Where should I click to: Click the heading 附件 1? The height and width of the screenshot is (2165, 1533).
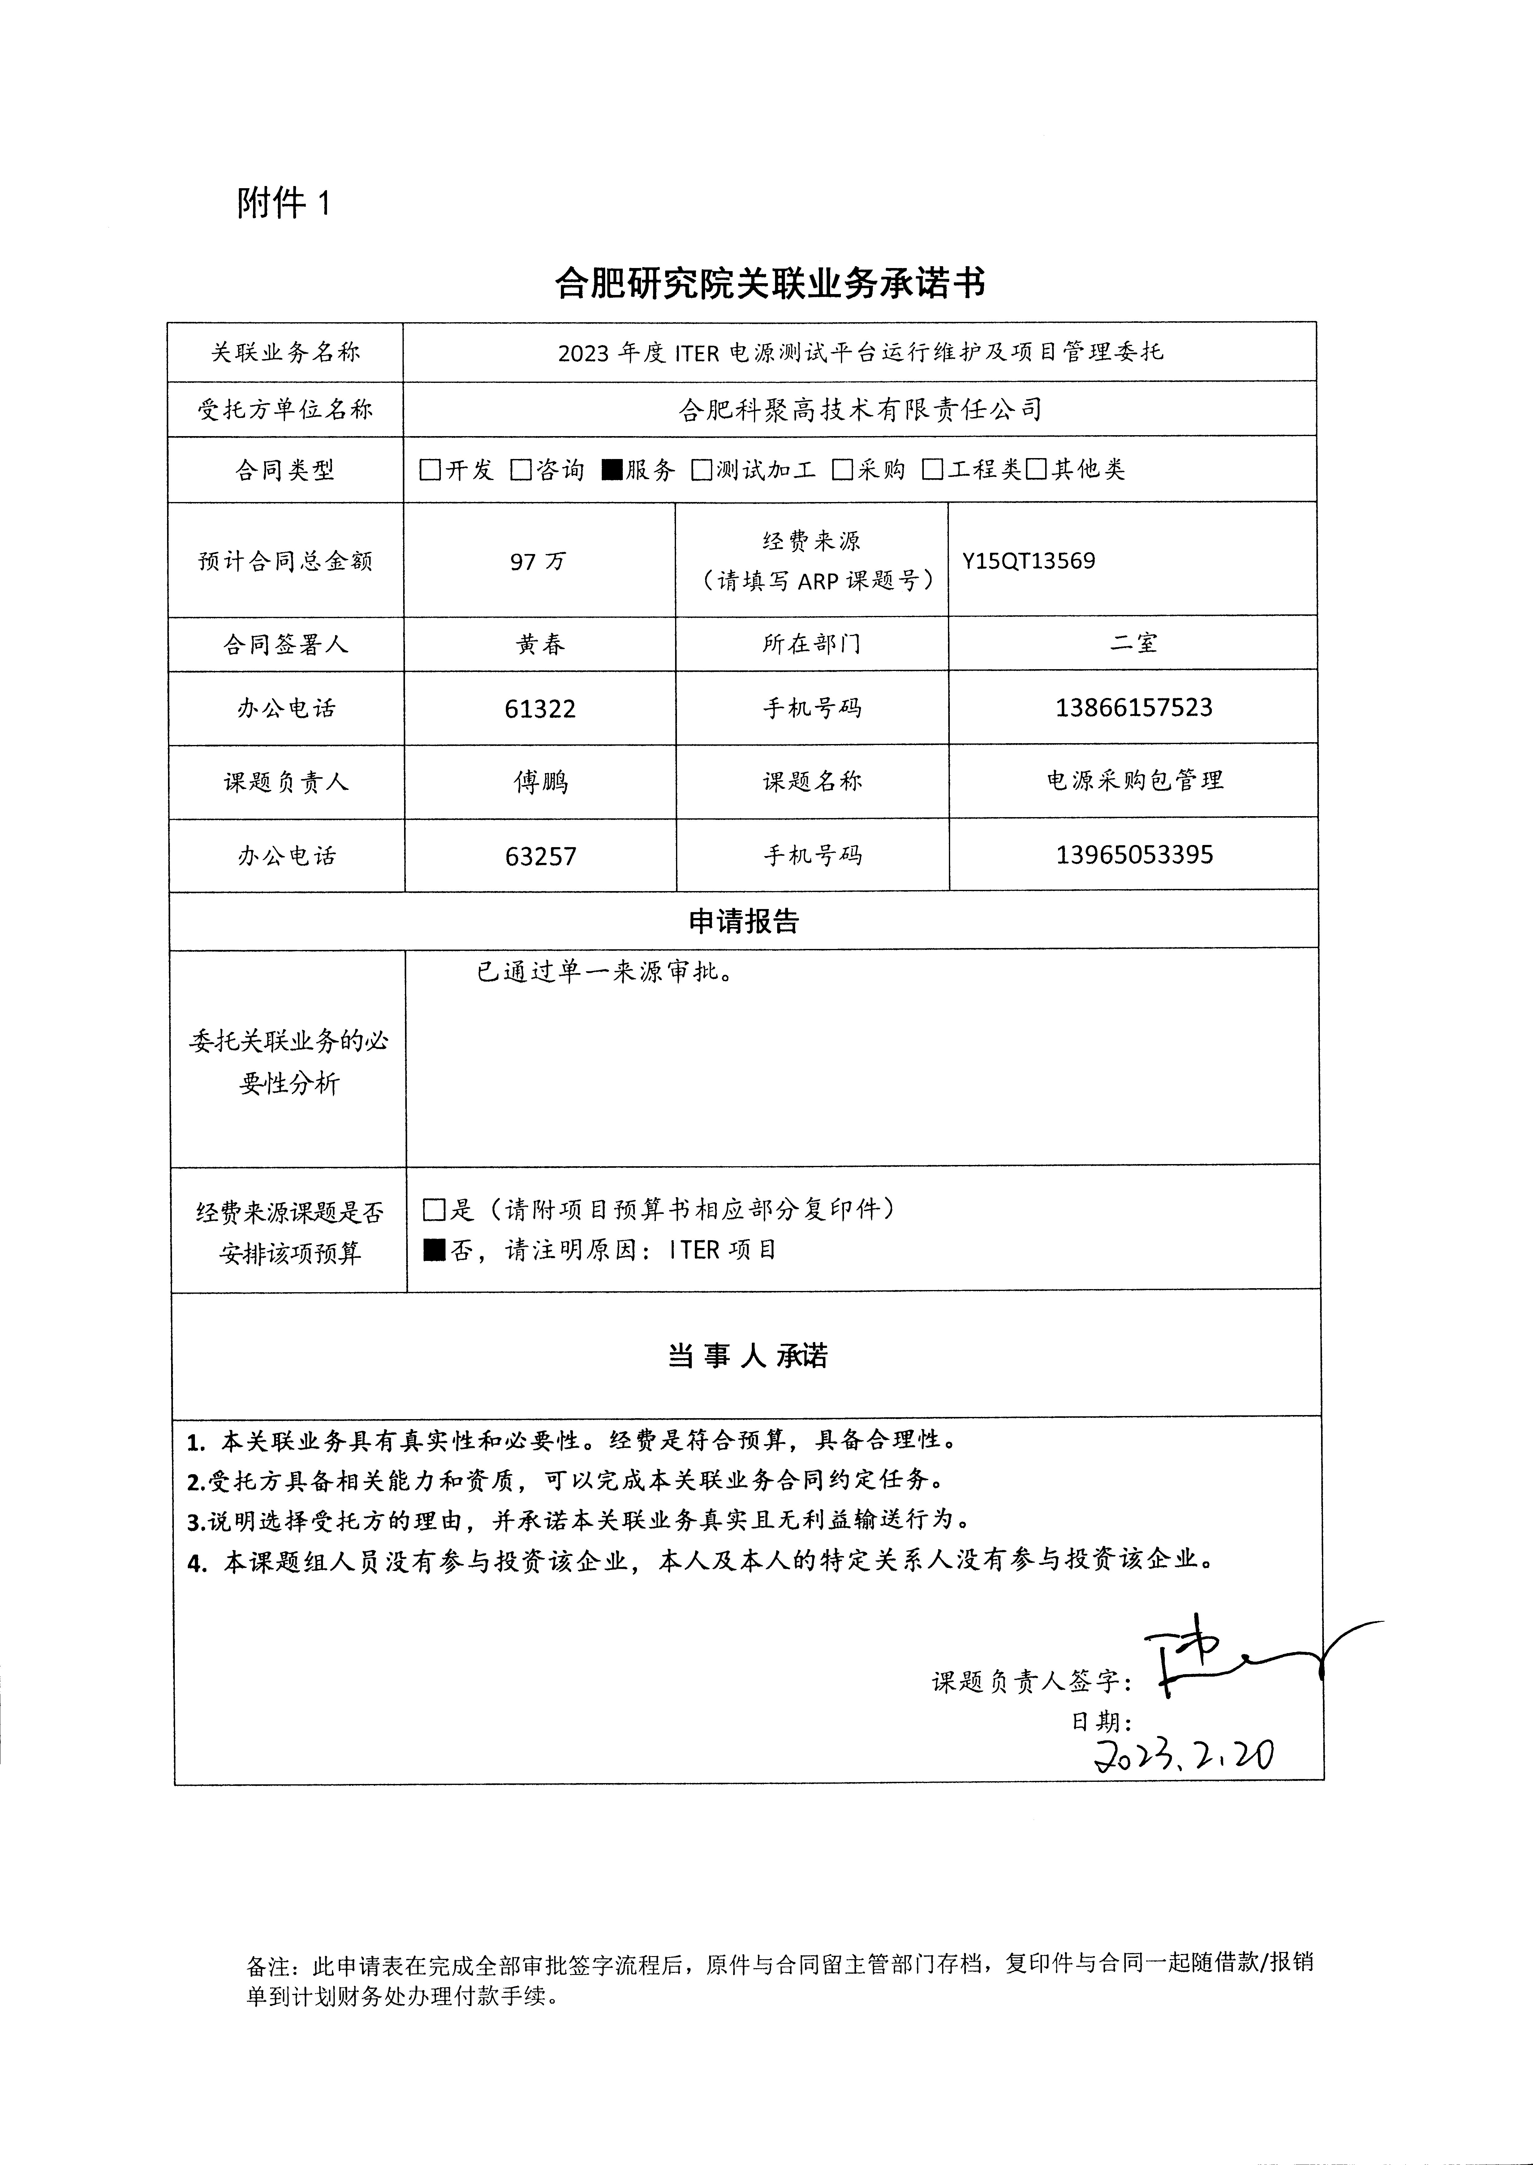coord(283,203)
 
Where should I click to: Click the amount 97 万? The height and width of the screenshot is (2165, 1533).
coord(538,562)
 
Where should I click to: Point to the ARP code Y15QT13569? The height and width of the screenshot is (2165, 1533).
coord(1029,561)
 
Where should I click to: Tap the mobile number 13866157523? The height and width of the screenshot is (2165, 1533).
coord(1134,708)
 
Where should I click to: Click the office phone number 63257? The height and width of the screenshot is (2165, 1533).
coord(541,856)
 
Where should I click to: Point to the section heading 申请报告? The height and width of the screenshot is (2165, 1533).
coord(744,921)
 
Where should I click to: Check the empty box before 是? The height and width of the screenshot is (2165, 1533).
coord(434,1210)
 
